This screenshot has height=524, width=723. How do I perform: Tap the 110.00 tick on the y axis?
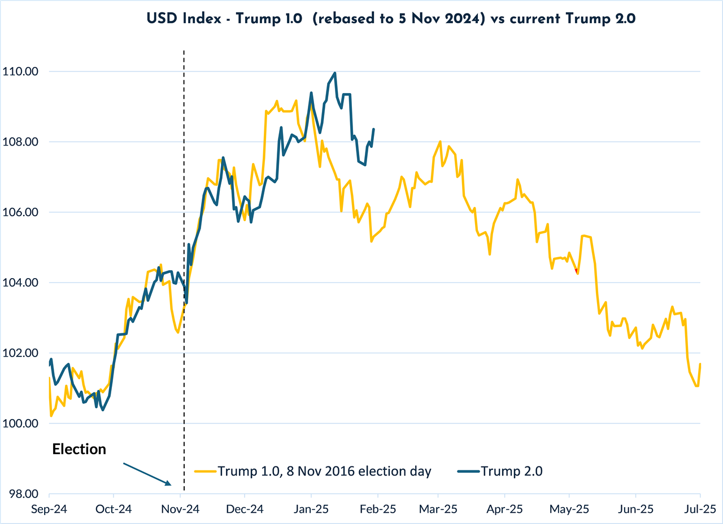pos(21,72)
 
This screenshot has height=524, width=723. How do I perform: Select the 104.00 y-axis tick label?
pos(21,283)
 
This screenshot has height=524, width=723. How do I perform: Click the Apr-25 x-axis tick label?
pos(505,509)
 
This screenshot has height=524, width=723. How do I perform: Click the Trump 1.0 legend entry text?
pos(324,471)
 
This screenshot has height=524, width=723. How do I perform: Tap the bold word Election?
pos(79,450)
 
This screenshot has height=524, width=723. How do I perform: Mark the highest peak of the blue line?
pos(336,73)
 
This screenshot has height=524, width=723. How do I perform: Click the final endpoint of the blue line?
pos(374,129)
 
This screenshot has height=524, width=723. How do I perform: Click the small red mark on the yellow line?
pos(576,271)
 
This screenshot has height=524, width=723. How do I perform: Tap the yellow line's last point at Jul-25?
pos(700,364)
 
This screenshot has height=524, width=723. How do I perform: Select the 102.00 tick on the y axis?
pos(21,353)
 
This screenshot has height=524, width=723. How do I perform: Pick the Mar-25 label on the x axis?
pos(438,509)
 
